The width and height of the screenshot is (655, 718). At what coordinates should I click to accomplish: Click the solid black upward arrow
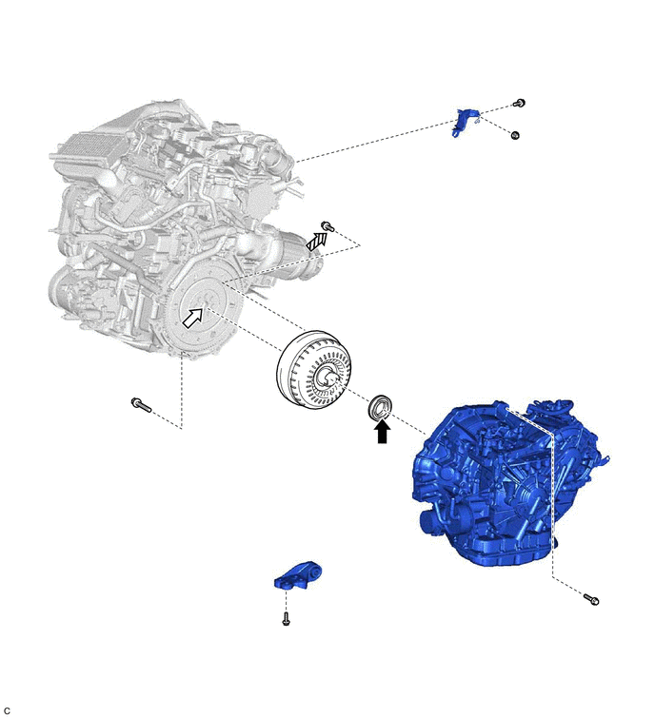pyautogui.click(x=382, y=432)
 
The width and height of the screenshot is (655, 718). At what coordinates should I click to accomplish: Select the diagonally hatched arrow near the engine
pyautogui.click(x=317, y=242)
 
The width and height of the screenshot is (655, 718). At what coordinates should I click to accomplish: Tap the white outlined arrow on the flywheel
pyautogui.click(x=193, y=318)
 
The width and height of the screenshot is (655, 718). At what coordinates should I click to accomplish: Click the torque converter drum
pyautogui.click(x=314, y=368)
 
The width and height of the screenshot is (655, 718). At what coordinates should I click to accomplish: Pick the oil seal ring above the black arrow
pyautogui.click(x=381, y=406)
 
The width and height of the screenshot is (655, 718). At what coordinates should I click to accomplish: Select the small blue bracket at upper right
pyautogui.click(x=465, y=122)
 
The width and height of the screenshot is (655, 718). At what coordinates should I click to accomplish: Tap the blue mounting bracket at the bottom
pyautogui.click(x=297, y=575)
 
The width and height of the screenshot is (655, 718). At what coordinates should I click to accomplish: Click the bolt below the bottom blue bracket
pyautogui.click(x=286, y=619)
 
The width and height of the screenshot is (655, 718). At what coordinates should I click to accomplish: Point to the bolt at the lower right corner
pyautogui.click(x=591, y=598)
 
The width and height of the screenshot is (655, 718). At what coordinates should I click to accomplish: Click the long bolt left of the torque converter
pyautogui.click(x=141, y=405)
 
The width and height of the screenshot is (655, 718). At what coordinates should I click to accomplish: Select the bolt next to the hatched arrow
pyautogui.click(x=327, y=226)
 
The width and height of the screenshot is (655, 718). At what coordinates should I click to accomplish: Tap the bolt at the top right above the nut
pyautogui.click(x=519, y=103)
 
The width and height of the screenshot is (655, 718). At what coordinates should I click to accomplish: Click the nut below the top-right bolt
pyautogui.click(x=515, y=135)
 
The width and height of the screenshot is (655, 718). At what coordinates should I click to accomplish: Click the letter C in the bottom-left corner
pyautogui.click(x=6, y=710)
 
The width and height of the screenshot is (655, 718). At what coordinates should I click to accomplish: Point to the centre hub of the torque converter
pyautogui.click(x=328, y=378)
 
